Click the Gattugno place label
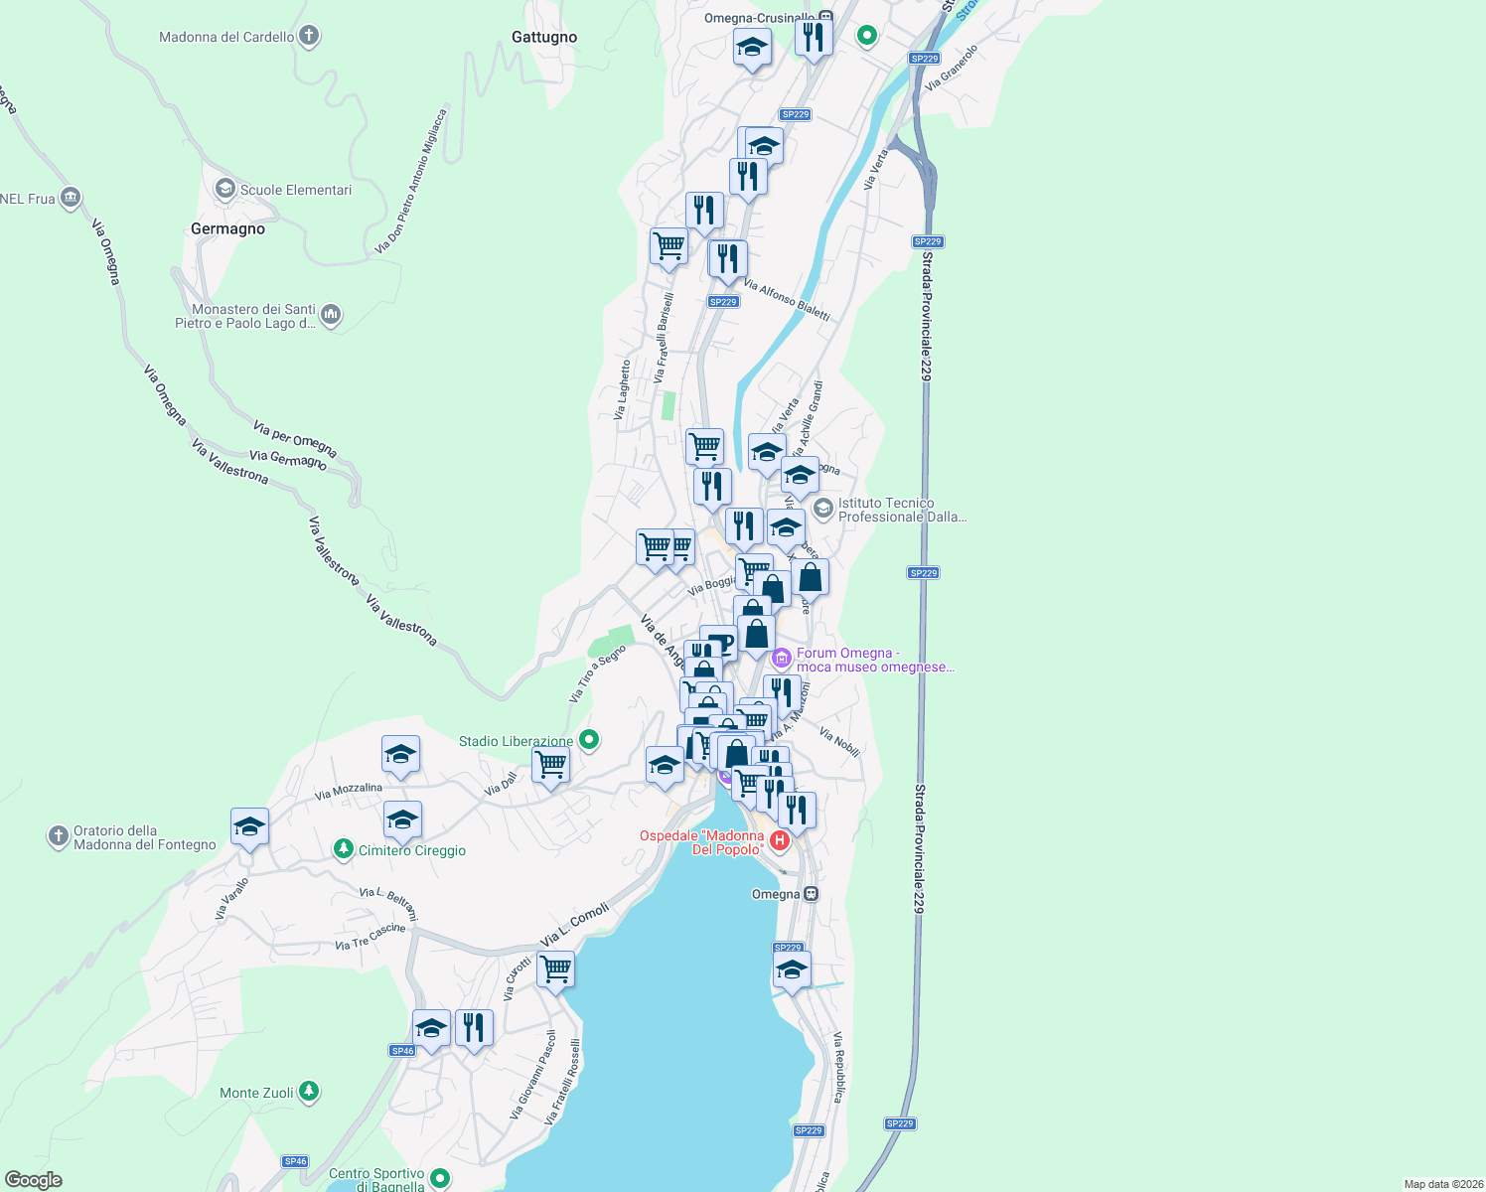point(543,37)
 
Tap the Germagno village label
point(227,228)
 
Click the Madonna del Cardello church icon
point(309,37)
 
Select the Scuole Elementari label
point(295,190)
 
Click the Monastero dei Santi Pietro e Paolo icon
point(331,315)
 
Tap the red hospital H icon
point(780,842)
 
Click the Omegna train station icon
point(812,894)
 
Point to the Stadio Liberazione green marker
point(589,740)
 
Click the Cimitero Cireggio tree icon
point(343,849)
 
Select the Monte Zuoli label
point(256,1093)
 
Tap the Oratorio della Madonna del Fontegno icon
point(58,836)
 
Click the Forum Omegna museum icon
point(782,658)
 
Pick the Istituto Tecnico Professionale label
point(901,510)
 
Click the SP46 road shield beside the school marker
point(402,1051)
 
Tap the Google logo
point(34,1180)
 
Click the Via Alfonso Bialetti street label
point(786,299)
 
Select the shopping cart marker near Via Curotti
point(555,968)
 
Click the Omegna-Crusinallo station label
point(759,18)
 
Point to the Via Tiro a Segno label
point(597,673)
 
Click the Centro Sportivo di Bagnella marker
point(440,1179)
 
